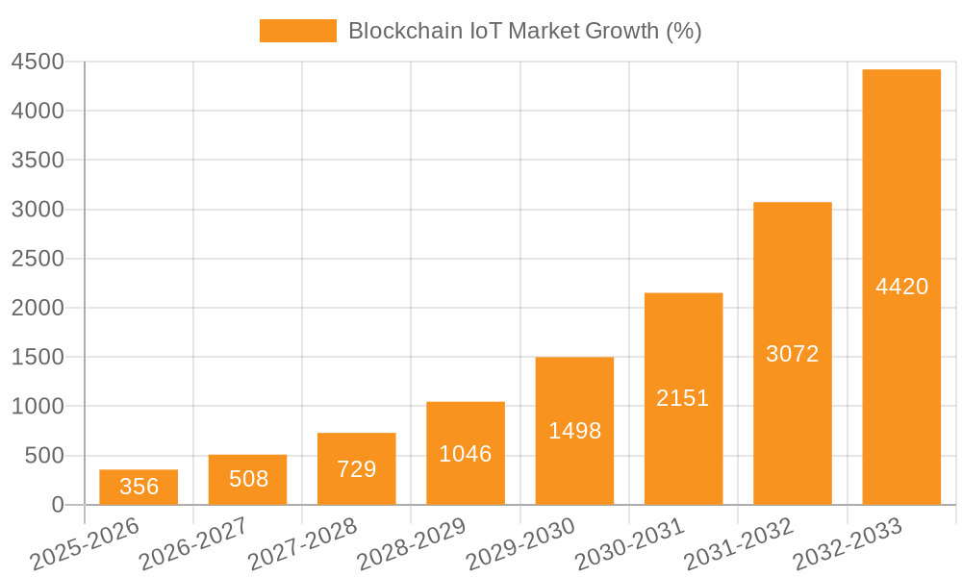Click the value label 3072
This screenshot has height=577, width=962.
tap(792, 354)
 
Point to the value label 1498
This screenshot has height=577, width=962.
tap(574, 431)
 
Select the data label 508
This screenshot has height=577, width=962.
tap(248, 479)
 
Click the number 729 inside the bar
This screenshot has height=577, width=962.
tap(357, 469)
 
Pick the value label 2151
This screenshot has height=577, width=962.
tap(683, 398)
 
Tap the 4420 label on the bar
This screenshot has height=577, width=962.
tap(901, 287)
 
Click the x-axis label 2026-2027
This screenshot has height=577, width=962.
tap(193, 543)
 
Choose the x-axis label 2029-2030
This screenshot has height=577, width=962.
tap(520, 543)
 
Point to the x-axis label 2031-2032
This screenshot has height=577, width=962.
tap(739, 543)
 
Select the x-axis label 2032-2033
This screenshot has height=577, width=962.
tap(848, 543)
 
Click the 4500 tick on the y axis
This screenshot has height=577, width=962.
tap(38, 63)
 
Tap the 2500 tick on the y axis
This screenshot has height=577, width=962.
tap(38, 259)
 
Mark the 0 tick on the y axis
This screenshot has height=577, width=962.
tap(58, 505)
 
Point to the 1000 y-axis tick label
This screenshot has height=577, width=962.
tap(38, 407)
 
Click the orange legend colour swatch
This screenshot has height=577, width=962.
tap(298, 31)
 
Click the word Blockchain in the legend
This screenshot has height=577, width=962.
tap(393, 31)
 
